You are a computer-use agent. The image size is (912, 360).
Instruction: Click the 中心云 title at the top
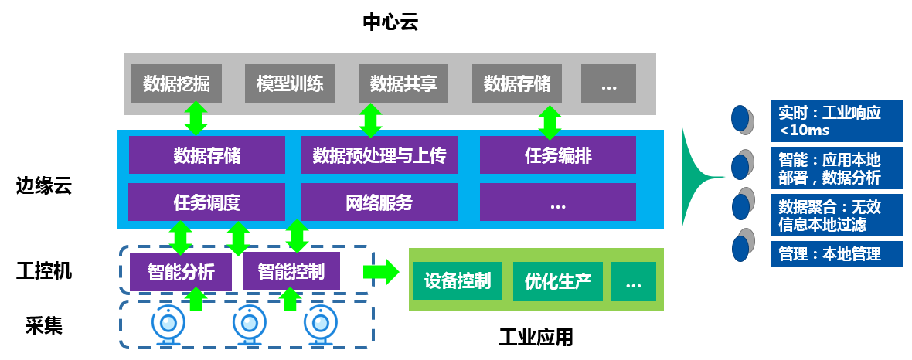[390, 22]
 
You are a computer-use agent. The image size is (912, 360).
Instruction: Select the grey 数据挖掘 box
[176, 83]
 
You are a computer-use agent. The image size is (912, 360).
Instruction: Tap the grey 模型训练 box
[290, 83]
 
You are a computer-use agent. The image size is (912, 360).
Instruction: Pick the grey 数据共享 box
[403, 83]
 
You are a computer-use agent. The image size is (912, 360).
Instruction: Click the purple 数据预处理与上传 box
[379, 155]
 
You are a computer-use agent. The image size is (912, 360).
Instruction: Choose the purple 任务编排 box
[558, 155]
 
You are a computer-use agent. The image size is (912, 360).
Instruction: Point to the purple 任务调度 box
[206, 202]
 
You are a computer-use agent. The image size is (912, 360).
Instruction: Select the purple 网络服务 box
[379, 202]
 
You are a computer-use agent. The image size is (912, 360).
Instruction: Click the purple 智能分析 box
[181, 272]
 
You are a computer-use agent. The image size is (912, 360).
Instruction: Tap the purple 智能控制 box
[291, 271]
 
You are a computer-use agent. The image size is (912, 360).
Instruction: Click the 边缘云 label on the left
[44, 186]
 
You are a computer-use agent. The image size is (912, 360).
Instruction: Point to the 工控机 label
[44, 271]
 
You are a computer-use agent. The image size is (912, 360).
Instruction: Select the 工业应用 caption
[536, 337]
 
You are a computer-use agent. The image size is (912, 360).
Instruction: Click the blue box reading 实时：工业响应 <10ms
[837, 121]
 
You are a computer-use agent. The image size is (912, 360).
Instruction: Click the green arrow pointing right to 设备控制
[380, 272]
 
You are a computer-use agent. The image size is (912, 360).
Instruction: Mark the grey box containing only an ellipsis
[608, 83]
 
